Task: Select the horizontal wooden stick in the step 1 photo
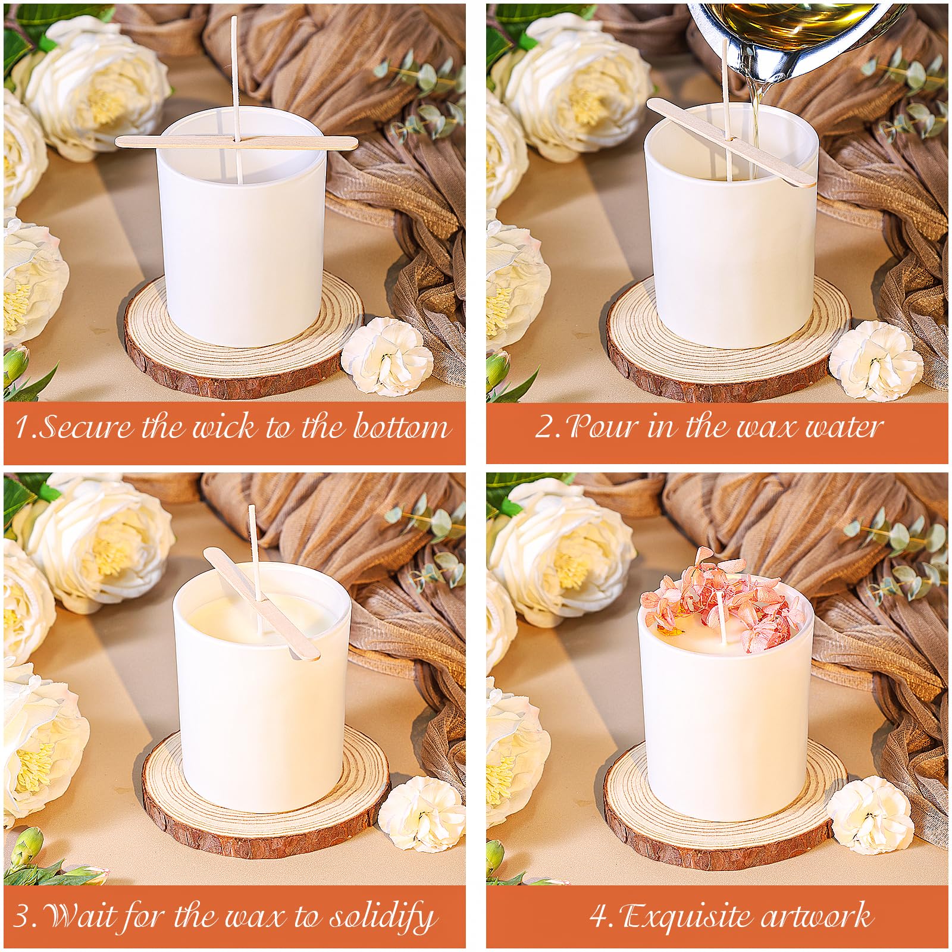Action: click(x=236, y=142)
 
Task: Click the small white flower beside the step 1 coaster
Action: click(x=387, y=355)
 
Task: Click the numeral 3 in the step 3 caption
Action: click(x=21, y=917)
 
